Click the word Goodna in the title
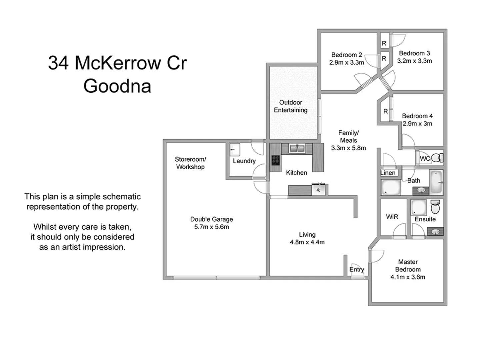pos(117,86)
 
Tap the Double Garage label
pos(211,219)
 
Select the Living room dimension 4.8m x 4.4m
pos(307,242)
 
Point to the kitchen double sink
pos(297,148)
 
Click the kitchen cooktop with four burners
pos(276,160)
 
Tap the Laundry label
pos(244,161)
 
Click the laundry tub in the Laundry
pos(235,150)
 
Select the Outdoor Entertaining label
pos(291,106)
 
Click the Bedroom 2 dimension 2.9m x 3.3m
pos(346,62)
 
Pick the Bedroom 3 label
pos(414,53)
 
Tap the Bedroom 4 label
pos(417,116)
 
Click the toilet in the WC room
pos(437,158)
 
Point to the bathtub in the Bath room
pos(436,182)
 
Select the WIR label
pos(392,217)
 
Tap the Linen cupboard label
pos(388,173)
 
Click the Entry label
pos(356,269)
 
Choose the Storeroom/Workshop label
pos(190,163)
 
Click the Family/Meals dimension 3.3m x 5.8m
pos(348,148)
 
